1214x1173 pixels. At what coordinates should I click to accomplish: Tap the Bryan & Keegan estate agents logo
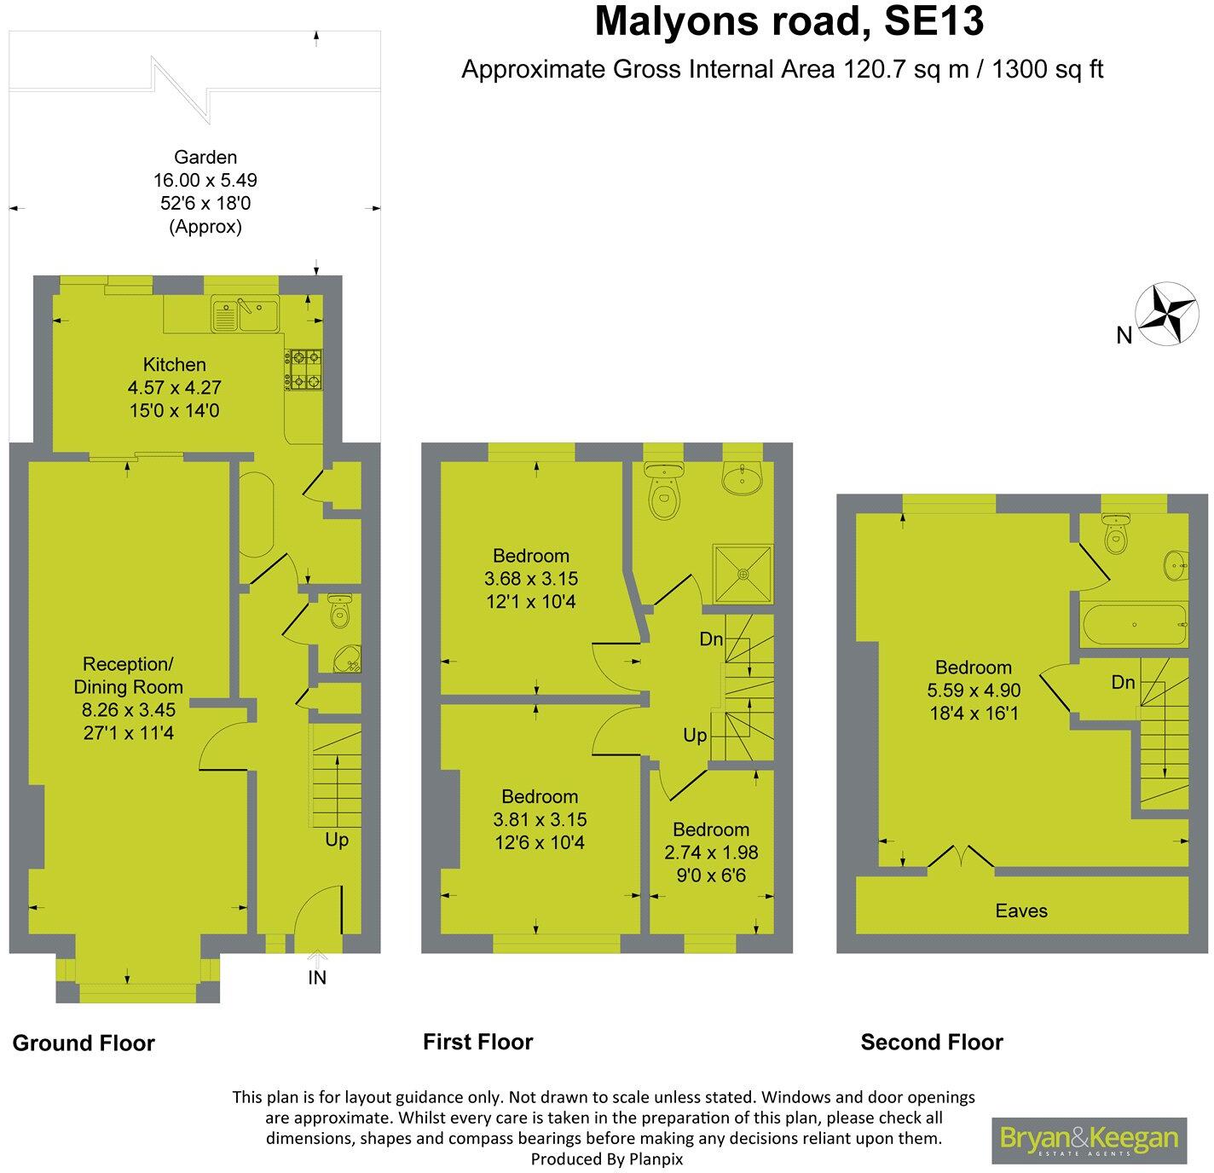pos(1089,1140)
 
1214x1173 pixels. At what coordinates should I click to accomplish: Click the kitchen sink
pos(246,315)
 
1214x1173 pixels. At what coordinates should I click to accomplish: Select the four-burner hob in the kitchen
pos(304,370)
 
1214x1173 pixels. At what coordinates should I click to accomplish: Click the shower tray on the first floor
pos(747,575)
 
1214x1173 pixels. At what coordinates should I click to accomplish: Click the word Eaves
pos(1020,910)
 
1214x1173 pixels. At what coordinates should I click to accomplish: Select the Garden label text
pos(205,157)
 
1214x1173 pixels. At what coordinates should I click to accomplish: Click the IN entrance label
pos(317,978)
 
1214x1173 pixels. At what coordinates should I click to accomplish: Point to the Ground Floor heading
pos(84,1043)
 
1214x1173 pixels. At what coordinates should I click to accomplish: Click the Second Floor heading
pos(932,1042)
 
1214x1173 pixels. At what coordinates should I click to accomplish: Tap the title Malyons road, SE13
pos(789,22)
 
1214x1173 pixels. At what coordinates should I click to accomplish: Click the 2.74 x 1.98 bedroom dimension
pos(710,852)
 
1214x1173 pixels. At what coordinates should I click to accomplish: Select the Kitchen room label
pos(175,365)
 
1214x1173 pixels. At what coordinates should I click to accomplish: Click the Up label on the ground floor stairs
pos(337,840)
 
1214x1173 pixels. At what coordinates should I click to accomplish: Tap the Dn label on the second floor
pos(1123,682)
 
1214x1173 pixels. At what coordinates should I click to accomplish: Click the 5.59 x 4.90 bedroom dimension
pos(973,690)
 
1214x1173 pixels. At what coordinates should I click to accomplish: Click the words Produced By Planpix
pos(606,1159)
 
